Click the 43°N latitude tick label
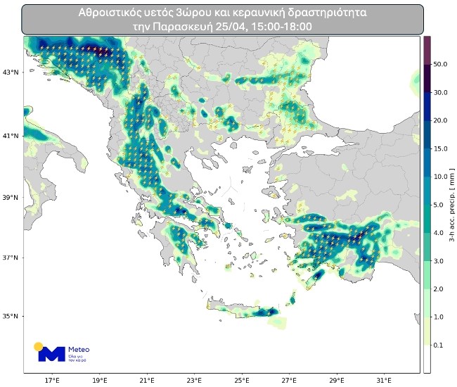point(11,72)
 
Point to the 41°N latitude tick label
point(11,135)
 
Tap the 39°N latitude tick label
point(11,198)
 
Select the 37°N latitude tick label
point(11,258)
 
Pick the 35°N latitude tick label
point(11,317)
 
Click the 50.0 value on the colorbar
point(441,64)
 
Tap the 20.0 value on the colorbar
point(441,120)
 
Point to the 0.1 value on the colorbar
point(441,345)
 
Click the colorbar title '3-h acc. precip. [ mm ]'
point(451,204)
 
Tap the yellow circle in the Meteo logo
point(39,345)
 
